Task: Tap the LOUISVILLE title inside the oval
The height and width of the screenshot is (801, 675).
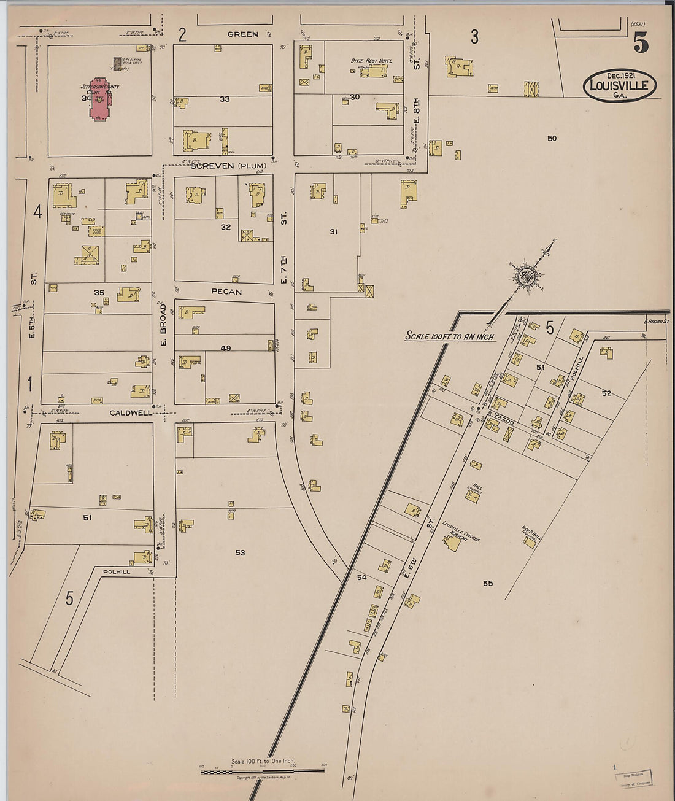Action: (619, 85)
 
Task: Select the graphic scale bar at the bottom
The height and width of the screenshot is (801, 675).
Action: (262, 771)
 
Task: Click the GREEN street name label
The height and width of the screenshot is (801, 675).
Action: (242, 34)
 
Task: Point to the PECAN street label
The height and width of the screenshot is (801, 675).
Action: (226, 292)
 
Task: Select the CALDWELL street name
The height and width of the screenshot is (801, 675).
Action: (130, 413)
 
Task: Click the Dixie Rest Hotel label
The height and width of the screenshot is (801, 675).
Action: (371, 61)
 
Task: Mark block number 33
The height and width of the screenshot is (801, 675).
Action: (225, 99)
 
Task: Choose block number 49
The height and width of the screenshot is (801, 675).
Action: (226, 348)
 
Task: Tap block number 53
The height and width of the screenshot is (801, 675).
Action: (240, 552)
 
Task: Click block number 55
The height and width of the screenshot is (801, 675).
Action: (487, 583)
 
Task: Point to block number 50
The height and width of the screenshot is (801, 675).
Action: (551, 138)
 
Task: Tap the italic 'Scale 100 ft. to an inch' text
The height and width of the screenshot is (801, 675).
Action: (449, 336)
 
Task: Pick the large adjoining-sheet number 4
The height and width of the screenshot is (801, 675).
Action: (37, 212)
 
